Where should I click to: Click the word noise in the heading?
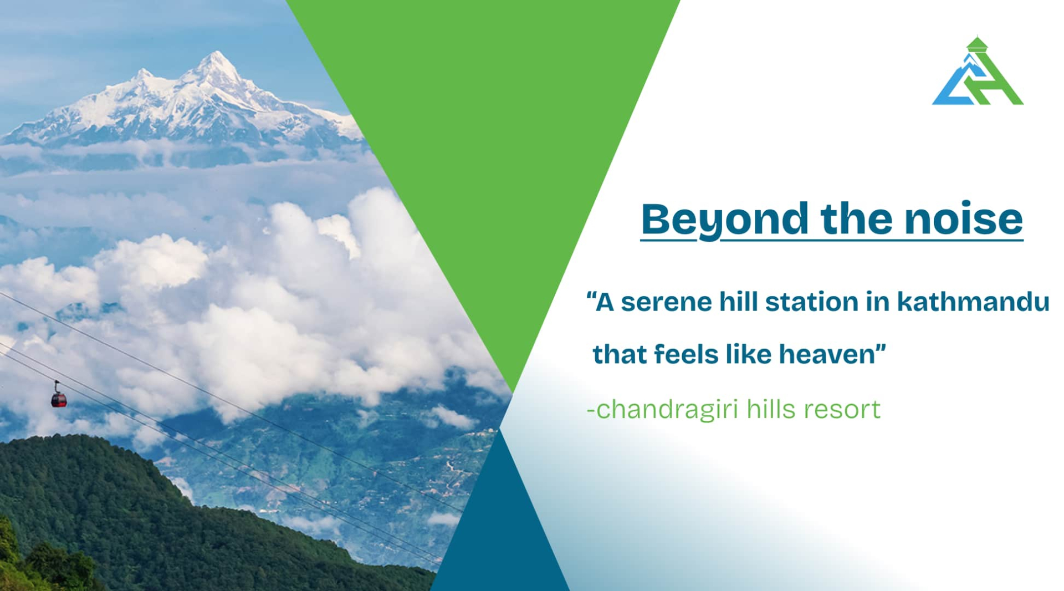pyautogui.click(x=964, y=219)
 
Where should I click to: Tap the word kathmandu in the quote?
pyautogui.click(x=973, y=302)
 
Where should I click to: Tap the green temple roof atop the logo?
pyautogui.click(x=976, y=43)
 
